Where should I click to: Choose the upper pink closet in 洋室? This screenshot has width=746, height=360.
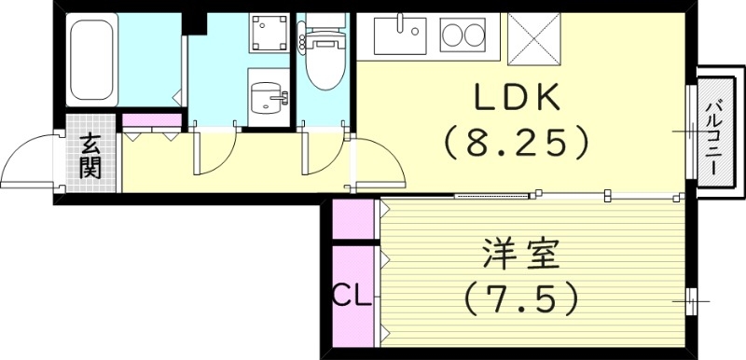pyautogui.click(x=353, y=220)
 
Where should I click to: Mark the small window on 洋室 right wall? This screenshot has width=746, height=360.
pyautogui.click(x=690, y=300)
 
